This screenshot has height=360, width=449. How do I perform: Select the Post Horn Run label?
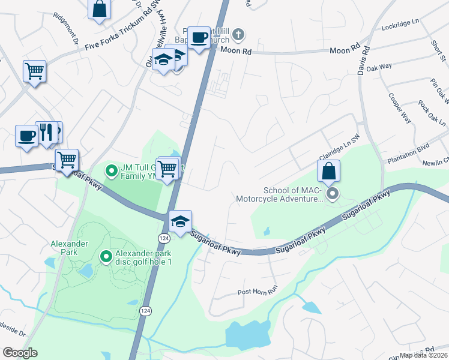[x=258, y=291]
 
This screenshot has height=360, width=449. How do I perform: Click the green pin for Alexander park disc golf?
[x=106, y=257]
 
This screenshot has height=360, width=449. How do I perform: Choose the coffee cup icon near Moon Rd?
[x=199, y=38]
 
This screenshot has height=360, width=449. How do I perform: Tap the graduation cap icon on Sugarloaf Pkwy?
[x=180, y=221]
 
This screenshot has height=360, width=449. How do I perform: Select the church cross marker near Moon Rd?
[x=238, y=34]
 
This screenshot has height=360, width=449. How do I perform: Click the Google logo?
[x=20, y=353]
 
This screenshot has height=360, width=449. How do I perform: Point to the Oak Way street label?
[x=379, y=68]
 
